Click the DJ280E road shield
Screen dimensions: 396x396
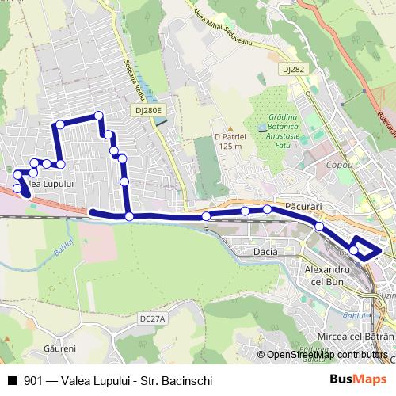point(148,111)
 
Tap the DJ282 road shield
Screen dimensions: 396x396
point(292,69)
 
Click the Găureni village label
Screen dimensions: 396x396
point(60,348)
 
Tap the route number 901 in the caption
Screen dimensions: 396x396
point(33,381)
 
